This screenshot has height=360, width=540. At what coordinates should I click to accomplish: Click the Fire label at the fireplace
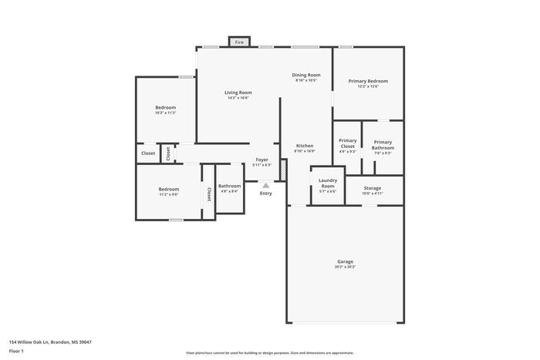[x=239, y=42]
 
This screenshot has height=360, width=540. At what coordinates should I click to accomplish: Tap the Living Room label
[x=238, y=93]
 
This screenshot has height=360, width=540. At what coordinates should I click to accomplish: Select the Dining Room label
[x=306, y=75]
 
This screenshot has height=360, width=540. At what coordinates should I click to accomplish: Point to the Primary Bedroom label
[x=368, y=81]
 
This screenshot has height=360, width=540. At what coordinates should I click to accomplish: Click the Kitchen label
[x=305, y=146]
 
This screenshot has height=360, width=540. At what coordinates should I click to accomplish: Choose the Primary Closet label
[x=348, y=141]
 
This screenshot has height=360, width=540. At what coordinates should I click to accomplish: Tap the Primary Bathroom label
[x=383, y=143]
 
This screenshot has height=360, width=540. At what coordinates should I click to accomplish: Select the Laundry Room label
[x=328, y=180]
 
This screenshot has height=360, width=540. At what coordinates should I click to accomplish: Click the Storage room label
[x=372, y=188]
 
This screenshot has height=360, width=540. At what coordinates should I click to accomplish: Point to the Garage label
[x=345, y=261]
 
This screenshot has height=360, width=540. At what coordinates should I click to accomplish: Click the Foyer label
[x=262, y=160]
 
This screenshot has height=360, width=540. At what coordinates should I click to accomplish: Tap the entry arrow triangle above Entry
[x=265, y=185]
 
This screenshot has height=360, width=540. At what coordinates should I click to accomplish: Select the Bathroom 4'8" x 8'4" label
[x=229, y=186]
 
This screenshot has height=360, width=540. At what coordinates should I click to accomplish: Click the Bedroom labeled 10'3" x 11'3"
[x=166, y=107]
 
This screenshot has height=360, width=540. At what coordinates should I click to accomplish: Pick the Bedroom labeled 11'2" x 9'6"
[x=169, y=189]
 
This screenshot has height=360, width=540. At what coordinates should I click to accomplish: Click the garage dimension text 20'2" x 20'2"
[x=345, y=267]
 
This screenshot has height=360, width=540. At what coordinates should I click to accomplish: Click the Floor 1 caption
[x=17, y=351]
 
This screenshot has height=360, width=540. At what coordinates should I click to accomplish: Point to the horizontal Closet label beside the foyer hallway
[x=148, y=153]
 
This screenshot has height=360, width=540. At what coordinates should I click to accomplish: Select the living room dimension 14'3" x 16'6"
[x=238, y=98]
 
